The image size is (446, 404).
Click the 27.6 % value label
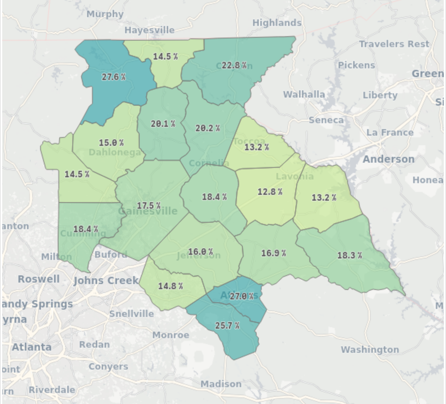pyautogui.click(x=113, y=77)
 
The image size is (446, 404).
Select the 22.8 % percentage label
pyautogui.click(x=234, y=65)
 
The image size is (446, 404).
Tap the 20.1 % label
pyautogui.click(x=163, y=124)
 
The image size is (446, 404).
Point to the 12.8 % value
pyautogui.click(x=270, y=192)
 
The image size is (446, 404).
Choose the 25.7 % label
pyautogui.click(x=227, y=325)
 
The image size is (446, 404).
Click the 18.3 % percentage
pyautogui.click(x=349, y=255)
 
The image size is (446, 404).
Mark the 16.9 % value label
pyautogui.click(x=273, y=253)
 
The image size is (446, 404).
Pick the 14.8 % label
pyautogui.click(x=170, y=286)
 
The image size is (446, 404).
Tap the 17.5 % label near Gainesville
pyautogui.click(x=149, y=205)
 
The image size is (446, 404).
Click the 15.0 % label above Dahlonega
pyautogui.click(x=111, y=143)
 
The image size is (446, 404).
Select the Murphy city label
pyautogui.click(x=105, y=14)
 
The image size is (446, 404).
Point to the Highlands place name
pyautogui.click(x=277, y=23)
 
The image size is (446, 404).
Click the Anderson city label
pyautogui.click(x=388, y=159)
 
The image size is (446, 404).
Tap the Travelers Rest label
pyautogui.click(x=394, y=44)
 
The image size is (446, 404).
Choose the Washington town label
pyautogui.click(x=370, y=350)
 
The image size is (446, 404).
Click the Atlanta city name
pyautogui.click(x=32, y=347)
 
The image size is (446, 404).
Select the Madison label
pyautogui.click(x=221, y=384)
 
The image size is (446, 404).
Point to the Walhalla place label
pyautogui.click(x=304, y=94)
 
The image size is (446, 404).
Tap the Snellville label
pyautogui.click(x=132, y=314)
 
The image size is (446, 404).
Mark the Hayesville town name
pyautogui.click(x=149, y=30)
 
